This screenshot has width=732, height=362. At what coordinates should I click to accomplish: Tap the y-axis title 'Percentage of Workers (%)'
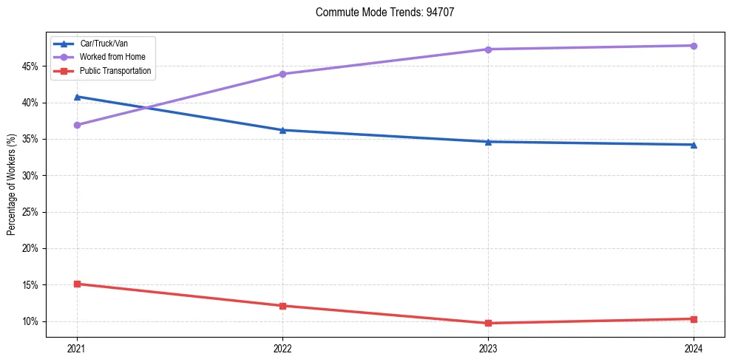[x=11, y=185]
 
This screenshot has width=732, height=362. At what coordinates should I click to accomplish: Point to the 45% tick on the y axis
[x=31, y=66]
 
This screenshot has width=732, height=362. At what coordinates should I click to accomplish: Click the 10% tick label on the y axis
[x=31, y=321]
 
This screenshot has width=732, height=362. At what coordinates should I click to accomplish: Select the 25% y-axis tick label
[x=31, y=212]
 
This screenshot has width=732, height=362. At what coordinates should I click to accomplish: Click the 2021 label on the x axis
[x=77, y=348]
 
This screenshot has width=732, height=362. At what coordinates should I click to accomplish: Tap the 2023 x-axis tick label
[x=488, y=348]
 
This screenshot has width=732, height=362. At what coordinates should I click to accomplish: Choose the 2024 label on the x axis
[x=694, y=348]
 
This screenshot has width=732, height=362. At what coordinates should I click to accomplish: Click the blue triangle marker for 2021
[x=77, y=97]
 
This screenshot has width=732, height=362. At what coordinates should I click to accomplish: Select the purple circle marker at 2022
[x=282, y=74]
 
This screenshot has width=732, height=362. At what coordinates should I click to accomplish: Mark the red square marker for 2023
[x=488, y=323]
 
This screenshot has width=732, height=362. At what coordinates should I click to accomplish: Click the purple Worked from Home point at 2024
[x=694, y=46]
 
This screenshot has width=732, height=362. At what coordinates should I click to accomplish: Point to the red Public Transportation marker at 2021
[x=77, y=284]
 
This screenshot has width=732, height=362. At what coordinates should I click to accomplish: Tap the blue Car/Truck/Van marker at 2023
[x=488, y=142]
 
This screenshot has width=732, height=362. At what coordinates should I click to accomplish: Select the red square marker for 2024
[x=694, y=319]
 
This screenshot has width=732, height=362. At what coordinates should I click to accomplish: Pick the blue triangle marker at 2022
[x=282, y=130]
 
